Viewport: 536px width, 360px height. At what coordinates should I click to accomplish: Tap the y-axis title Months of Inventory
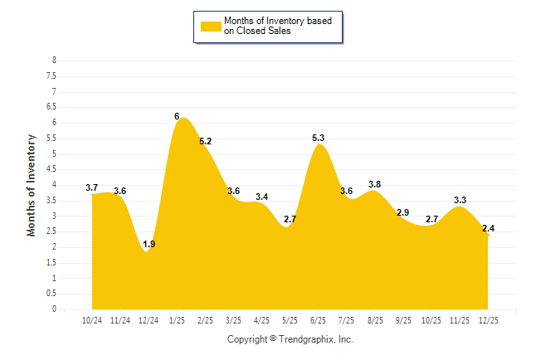point(32,185)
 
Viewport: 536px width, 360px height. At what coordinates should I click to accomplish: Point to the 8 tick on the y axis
point(54,61)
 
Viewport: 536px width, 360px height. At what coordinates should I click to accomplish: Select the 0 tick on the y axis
point(54,309)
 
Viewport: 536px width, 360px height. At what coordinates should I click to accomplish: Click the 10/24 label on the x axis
point(92,320)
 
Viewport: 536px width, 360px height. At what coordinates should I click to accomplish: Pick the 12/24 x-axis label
point(149,320)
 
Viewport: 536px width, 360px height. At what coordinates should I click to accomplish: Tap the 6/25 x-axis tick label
point(318,320)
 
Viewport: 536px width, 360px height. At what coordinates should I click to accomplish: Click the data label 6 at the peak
point(177,116)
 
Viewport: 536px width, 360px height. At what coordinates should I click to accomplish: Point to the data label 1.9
point(149,244)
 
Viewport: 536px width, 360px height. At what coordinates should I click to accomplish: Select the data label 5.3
point(318,138)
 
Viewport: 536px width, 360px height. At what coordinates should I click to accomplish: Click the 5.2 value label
point(205,141)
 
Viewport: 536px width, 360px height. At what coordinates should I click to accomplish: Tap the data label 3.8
point(374,184)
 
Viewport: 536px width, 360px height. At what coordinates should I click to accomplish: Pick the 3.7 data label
point(92,187)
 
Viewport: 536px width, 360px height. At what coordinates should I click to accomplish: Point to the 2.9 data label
point(402,212)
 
